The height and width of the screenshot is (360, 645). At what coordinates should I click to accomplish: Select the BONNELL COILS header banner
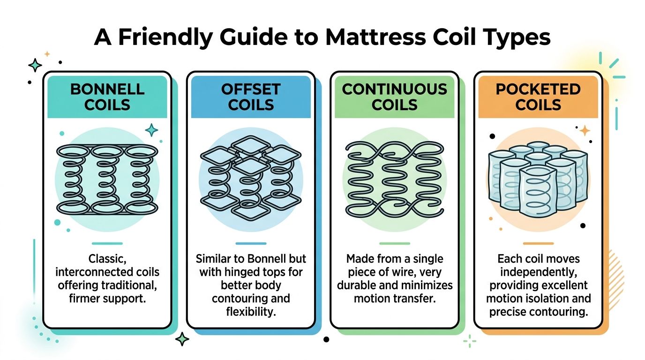107,97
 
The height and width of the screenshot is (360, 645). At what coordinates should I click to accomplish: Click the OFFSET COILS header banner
251,97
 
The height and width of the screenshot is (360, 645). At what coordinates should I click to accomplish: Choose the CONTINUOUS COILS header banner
395,97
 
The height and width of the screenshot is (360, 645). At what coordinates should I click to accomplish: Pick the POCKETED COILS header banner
538,97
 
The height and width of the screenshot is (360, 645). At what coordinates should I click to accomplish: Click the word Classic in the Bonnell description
107,259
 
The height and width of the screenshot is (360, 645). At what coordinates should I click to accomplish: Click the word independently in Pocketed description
538,272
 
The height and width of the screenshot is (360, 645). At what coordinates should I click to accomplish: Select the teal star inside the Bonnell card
151,130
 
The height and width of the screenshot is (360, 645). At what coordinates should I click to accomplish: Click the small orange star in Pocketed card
585,130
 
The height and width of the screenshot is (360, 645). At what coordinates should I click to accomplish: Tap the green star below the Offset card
182,339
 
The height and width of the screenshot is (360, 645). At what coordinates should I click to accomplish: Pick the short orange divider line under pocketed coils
538,243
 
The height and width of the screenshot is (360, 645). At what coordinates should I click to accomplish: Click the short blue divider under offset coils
251,243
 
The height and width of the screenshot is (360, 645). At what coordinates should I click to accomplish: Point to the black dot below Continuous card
327,339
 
